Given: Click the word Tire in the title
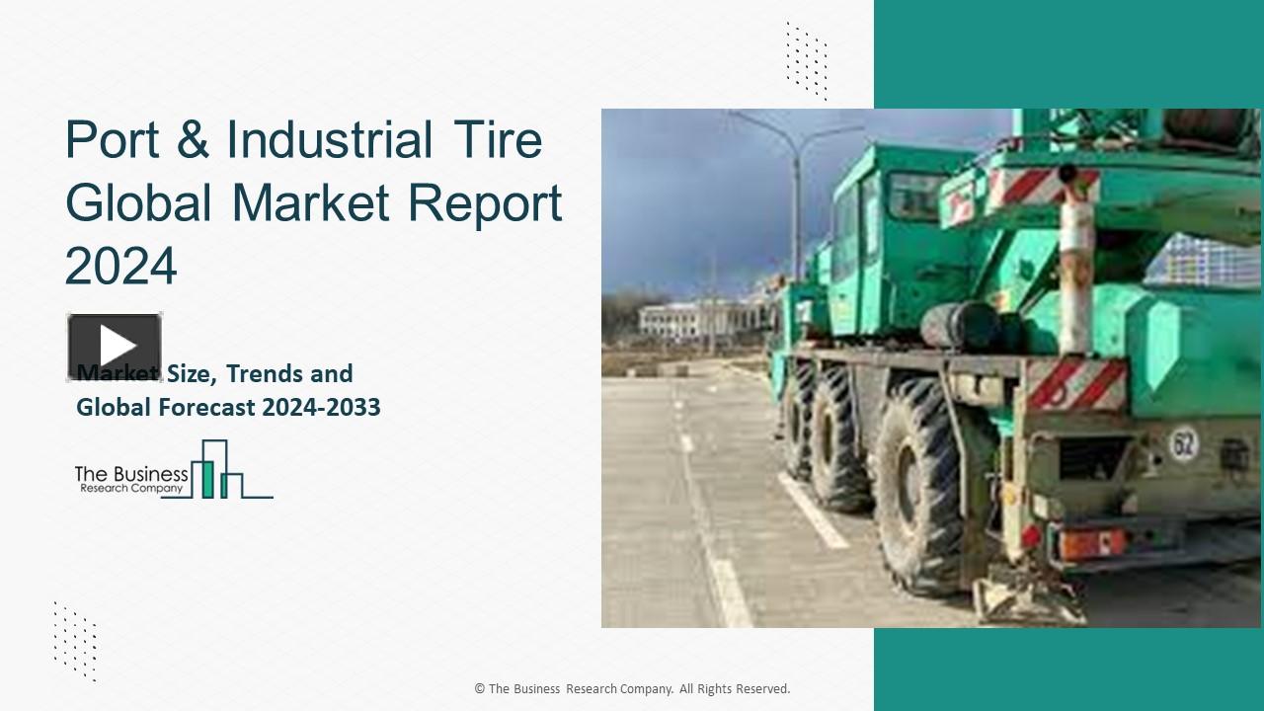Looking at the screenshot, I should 498,140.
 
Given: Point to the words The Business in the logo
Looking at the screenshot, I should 131,474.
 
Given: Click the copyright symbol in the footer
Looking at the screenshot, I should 479,689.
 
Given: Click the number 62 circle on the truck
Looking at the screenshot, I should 1183,443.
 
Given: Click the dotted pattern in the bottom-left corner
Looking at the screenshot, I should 75,641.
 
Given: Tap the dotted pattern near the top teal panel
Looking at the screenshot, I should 807,60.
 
